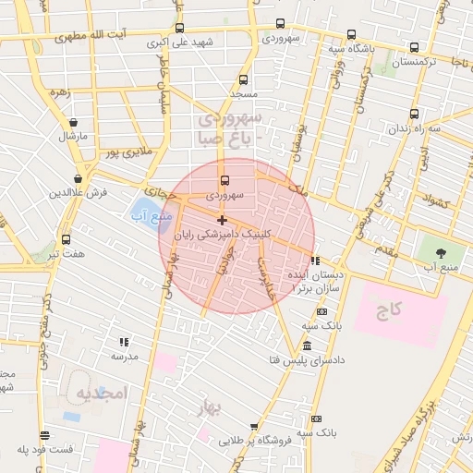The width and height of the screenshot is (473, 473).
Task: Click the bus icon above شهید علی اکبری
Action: click(179, 28)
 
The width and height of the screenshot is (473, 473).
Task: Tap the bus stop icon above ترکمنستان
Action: click(414, 48)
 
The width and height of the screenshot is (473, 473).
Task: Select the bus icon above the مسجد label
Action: click(243, 80)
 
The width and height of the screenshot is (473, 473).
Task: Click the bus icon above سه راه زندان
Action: click(414, 115)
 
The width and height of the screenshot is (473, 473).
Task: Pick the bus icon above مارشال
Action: click(71, 122)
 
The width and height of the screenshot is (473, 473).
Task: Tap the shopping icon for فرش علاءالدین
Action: click(79, 178)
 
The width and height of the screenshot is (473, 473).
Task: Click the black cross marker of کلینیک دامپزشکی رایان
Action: click(222, 220)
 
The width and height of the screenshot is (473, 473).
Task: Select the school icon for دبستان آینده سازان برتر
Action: click(316, 261)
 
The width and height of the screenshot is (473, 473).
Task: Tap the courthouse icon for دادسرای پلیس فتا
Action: click(306, 346)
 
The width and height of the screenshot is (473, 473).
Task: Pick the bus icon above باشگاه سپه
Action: click(334, 34)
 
